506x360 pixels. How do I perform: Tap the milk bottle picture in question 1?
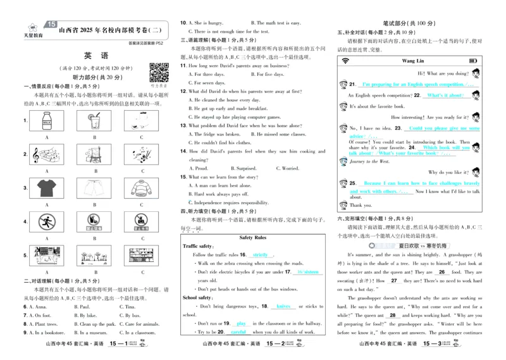click(47, 120)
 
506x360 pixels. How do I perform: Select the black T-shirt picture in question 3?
click(47, 189)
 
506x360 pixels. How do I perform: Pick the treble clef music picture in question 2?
click(47, 154)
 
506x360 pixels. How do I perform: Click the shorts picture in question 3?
click(95, 189)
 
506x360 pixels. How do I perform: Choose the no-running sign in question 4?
click(47, 223)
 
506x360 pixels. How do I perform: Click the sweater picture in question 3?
click(142, 189)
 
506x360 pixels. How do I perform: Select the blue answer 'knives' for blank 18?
click(283, 306)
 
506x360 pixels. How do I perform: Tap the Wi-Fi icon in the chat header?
click(345, 61)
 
